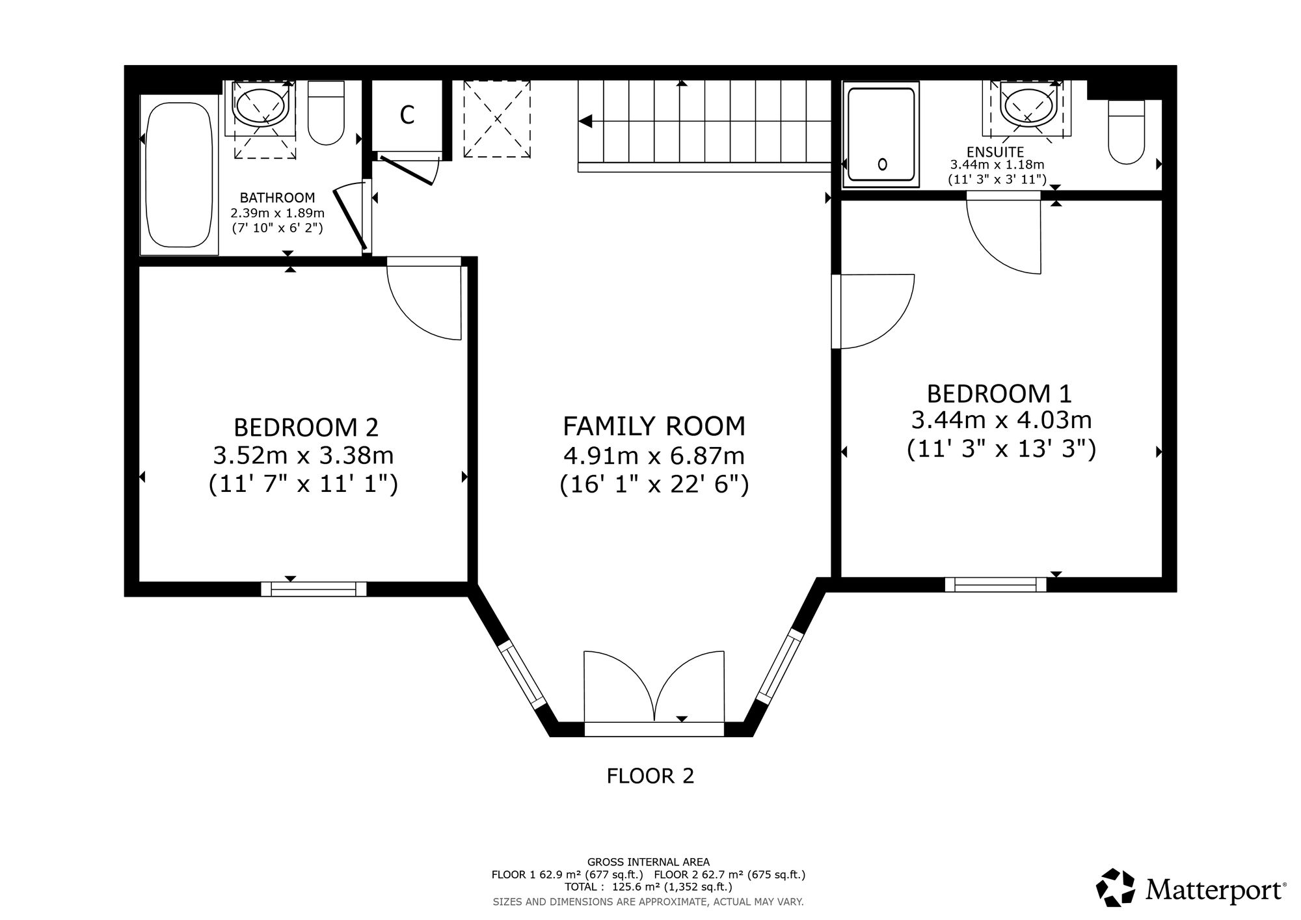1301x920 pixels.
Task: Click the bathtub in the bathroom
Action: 179,174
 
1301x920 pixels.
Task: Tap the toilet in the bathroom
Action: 326,113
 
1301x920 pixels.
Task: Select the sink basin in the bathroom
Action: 260,107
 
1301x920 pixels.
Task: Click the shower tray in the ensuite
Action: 881,135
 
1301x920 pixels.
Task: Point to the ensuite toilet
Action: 1126,131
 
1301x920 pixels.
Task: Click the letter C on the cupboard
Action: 407,115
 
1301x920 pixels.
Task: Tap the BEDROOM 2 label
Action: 306,427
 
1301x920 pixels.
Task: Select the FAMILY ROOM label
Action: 654,426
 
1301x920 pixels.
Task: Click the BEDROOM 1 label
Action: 999,394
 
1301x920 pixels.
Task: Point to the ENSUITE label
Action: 995,152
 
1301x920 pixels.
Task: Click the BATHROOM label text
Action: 278,198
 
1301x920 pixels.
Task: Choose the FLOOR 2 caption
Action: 650,776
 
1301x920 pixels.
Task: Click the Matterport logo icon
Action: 1117,887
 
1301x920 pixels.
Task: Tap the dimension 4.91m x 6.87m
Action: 654,456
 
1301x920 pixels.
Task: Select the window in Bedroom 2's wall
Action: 314,589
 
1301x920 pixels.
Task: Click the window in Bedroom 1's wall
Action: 995,584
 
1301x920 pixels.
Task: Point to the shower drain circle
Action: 883,164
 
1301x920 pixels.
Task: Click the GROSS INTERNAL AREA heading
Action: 649,862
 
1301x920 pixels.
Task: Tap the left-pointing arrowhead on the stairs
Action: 585,121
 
